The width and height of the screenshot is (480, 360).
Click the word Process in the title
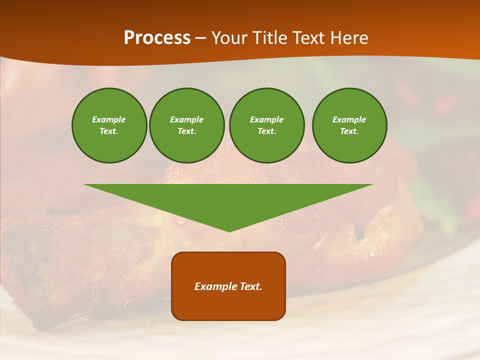point(157,37)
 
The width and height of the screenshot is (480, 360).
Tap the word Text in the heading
point(311,37)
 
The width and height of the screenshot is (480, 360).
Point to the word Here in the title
point(350,37)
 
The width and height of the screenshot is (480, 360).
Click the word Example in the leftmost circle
point(109,119)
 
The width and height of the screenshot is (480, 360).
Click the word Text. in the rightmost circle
point(349,131)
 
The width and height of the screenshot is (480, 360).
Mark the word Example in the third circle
point(266,119)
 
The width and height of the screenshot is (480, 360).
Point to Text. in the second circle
point(186,131)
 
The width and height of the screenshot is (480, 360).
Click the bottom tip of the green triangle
point(229,231)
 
